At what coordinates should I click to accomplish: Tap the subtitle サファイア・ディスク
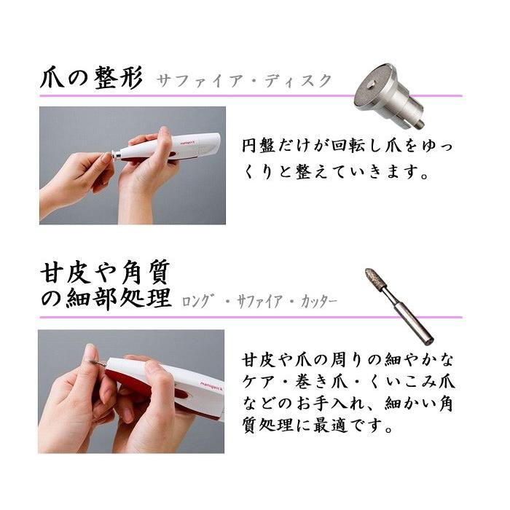243,80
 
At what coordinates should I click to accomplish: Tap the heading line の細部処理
106,299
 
